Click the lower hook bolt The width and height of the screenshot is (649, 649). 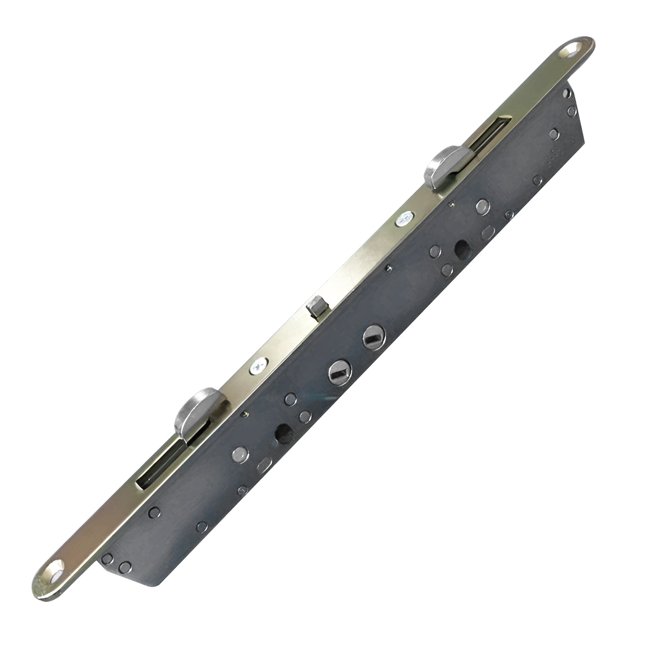[x=191, y=406]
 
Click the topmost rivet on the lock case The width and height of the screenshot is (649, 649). [x=566, y=93]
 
